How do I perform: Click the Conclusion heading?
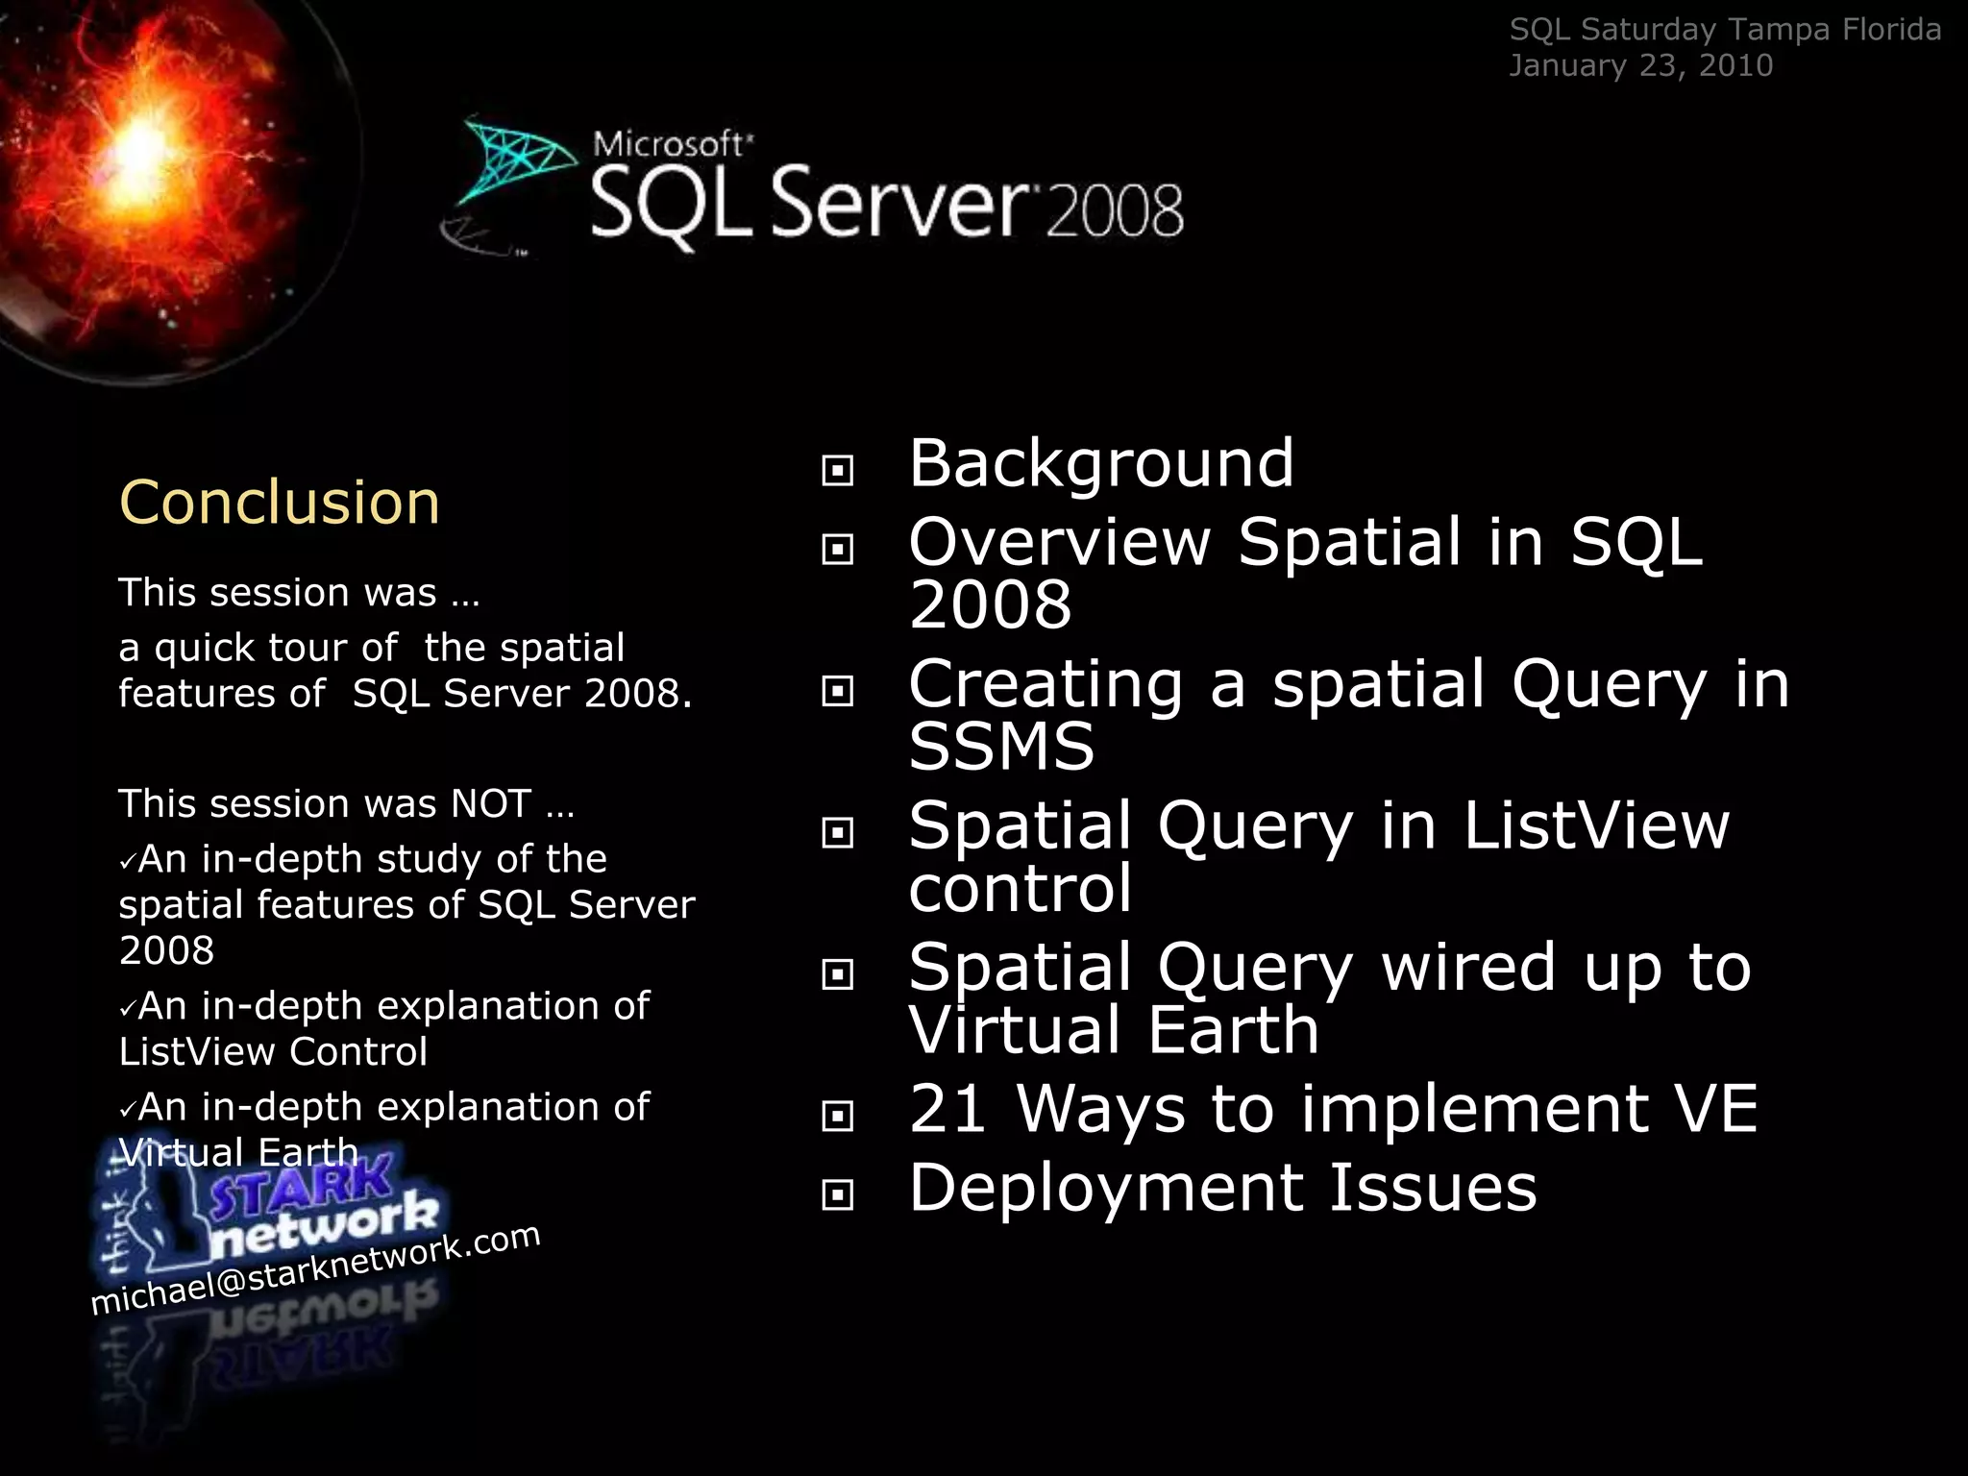coord(279,503)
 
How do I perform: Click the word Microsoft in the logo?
coord(669,144)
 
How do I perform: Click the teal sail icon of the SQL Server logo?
coord(514,159)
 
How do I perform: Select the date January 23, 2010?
coord(1640,65)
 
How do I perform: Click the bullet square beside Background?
coord(838,470)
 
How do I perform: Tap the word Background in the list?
coord(1101,463)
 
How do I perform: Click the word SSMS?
coord(1001,747)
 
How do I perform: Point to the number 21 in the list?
coord(947,1109)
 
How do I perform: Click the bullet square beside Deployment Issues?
coord(838,1194)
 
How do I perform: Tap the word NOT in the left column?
coord(491,803)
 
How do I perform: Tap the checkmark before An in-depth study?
coord(127,861)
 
